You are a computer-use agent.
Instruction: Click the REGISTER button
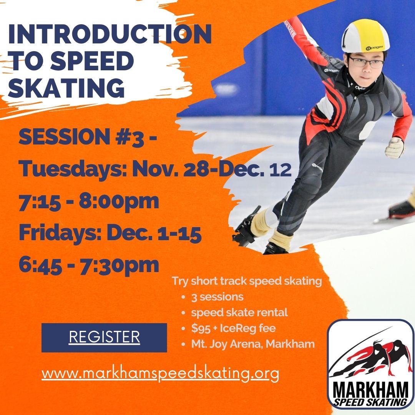[104, 337]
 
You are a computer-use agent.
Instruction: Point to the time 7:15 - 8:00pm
[89, 201]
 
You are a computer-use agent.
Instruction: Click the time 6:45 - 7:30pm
[89, 265]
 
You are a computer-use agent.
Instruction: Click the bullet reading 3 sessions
[217, 297]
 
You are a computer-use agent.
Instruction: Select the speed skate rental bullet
[239, 312]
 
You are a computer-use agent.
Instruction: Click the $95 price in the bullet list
[201, 329]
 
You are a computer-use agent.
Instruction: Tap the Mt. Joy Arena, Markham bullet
[253, 344]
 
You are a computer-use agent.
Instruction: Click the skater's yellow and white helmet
[365, 36]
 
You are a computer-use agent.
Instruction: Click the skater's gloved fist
[395, 148]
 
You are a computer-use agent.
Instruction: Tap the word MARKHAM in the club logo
[370, 389]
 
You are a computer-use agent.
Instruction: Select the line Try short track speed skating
[247, 281]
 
